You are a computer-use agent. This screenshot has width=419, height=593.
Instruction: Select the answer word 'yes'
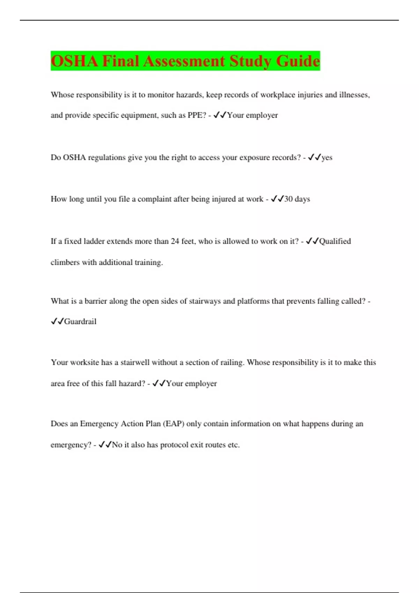click(x=327, y=158)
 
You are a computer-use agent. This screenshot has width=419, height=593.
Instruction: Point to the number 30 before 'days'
click(x=288, y=199)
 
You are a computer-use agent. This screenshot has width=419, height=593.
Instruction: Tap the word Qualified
click(x=335, y=241)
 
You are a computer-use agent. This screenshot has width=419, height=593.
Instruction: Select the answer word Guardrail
click(x=80, y=322)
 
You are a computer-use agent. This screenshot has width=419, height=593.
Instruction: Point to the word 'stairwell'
click(x=135, y=362)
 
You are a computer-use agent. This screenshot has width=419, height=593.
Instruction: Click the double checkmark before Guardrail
click(x=57, y=322)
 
